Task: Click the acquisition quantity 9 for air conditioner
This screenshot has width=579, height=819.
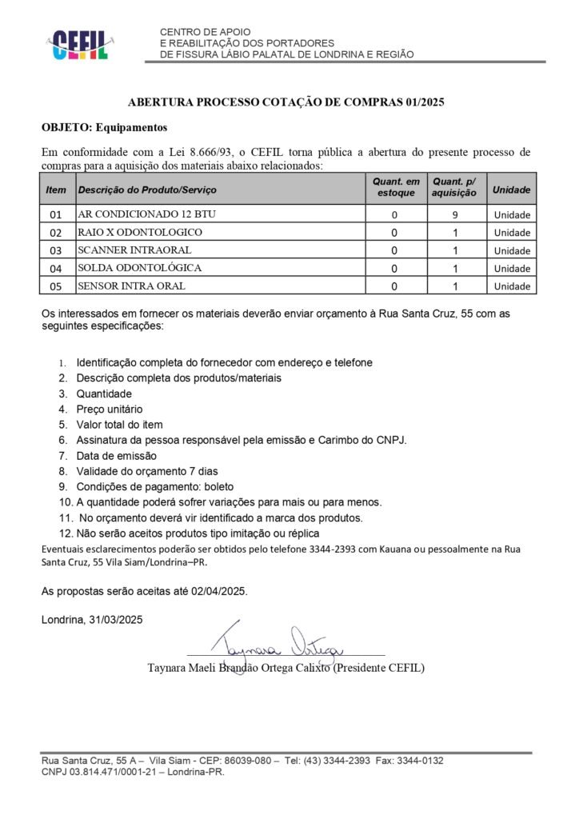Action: [454, 214]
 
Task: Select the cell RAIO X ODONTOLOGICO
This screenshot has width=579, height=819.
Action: [140, 232]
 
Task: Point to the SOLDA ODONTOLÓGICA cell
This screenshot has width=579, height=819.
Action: [139, 267]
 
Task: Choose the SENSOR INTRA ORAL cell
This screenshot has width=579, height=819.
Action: [132, 286]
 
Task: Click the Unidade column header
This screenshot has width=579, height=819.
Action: [512, 190]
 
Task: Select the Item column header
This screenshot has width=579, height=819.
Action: [56, 190]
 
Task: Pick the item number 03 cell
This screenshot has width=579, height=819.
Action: [56, 250]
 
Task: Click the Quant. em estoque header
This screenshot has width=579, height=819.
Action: [397, 187]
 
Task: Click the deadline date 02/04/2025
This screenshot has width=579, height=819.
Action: [218, 591]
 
